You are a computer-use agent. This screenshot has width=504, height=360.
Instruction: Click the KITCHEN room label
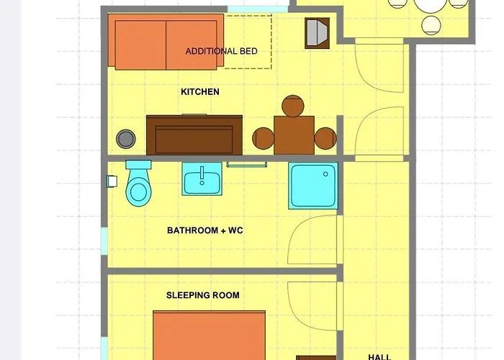[x=200, y=92]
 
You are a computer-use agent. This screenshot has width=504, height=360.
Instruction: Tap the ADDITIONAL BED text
[x=222, y=51]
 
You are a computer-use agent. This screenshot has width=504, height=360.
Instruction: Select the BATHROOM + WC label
[x=205, y=230]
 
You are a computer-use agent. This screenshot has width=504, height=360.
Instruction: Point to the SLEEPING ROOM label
[x=203, y=295]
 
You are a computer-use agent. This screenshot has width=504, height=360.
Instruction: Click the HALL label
[x=379, y=357]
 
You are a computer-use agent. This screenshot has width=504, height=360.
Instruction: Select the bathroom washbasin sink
[x=202, y=179]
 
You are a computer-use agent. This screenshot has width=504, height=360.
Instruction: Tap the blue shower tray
[x=313, y=186]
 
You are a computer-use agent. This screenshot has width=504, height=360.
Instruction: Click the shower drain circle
[x=325, y=174]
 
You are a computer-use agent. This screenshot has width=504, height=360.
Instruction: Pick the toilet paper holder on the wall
[x=112, y=181]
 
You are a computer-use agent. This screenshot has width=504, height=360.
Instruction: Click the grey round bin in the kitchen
[x=126, y=139]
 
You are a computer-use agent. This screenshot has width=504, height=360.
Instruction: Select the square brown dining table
[x=294, y=135]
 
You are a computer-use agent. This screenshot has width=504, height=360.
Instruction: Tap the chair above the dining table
[x=293, y=106]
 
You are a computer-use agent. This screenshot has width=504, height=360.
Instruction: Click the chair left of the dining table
[x=264, y=138]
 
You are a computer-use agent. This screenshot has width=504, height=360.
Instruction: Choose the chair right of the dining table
[x=325, y=138]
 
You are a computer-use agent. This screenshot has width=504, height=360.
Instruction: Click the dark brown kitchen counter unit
[x=194, y=135]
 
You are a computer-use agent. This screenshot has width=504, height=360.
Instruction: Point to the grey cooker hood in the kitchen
[x=318, y=33]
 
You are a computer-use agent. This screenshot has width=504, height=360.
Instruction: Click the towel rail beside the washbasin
[x=246, y=165]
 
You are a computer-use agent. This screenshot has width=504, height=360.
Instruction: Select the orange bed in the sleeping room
[x=210, y=336]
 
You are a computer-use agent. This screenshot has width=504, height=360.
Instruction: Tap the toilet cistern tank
[x=138, y=165]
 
